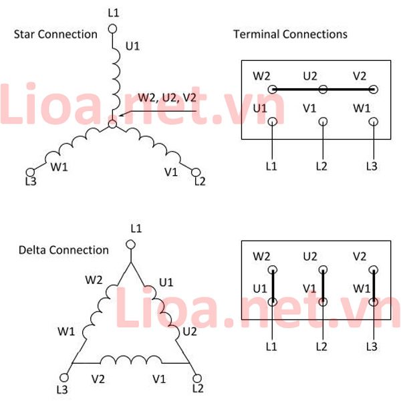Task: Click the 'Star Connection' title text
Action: click(55, 34)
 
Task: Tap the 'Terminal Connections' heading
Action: click(290, 34)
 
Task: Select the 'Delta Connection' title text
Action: click(63, 250)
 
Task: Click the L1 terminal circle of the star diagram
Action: click(112, 29)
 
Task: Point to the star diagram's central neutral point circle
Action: click(112, 124)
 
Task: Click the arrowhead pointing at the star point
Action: click(122, 114)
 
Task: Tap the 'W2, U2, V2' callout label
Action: click(167, 98)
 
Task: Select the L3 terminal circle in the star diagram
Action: click(30, 172)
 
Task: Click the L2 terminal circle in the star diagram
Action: click(196, 172)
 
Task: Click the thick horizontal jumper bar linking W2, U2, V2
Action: click(323, 90)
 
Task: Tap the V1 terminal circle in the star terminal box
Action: click(323, 122)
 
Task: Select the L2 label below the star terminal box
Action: click(321, 166)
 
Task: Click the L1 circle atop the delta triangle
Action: click(131, 245)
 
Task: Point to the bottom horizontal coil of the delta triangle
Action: click(131, 360)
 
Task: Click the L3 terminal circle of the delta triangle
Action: click(63, 378)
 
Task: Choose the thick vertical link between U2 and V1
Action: click(323, 286)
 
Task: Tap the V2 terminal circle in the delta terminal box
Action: click(374, 270)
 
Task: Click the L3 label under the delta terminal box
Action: click(372, 347)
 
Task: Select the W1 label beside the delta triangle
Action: click(66, 331)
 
